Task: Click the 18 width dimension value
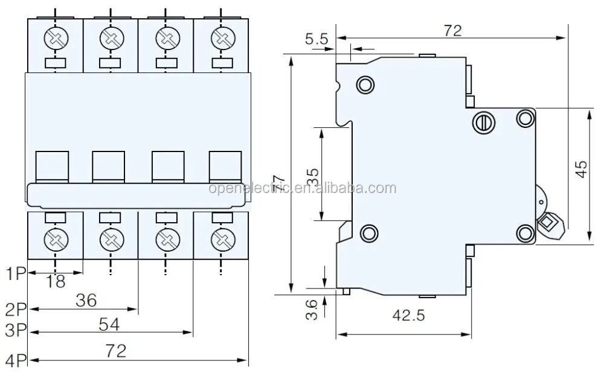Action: point(56,282)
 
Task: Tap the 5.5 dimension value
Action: point(317,40)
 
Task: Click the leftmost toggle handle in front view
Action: point(53,165)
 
